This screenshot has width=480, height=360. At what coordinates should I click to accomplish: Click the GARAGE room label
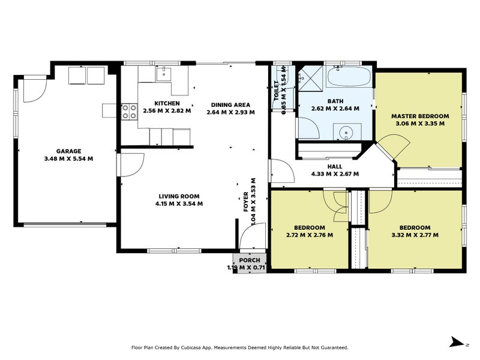click(x=69, y=151)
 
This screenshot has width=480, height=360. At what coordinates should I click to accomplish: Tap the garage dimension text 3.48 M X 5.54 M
click(x=69, y=159)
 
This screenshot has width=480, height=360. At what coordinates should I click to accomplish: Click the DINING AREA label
click(x=230, y=104)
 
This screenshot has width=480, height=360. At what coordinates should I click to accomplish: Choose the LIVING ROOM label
click(x=179, y=196)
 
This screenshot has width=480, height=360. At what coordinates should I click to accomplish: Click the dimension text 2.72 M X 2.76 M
click(x=309, y=235)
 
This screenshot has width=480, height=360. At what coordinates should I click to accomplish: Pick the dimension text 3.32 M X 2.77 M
click(x=415, y=235)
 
